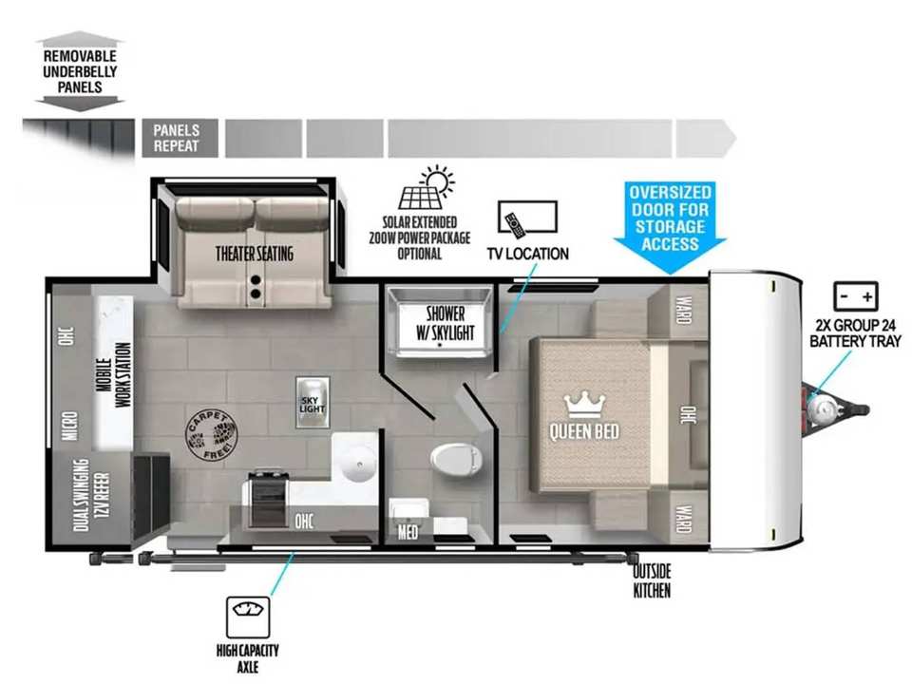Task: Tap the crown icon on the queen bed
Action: pos(584,405)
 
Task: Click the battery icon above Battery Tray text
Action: pos(856,296)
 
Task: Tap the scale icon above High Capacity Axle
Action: pos(248,617)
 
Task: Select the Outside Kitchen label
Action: pos(652,580)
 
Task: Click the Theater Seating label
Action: pos(255,254)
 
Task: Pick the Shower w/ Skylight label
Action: pos(445,323)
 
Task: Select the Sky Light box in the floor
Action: pos(313,403)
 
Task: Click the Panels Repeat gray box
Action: pos(180,139)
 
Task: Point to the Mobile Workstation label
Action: pos(115,374)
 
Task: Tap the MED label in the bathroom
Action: pos(408,532)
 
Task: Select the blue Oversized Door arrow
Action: pos(670,228)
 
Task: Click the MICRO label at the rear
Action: pos(69,426)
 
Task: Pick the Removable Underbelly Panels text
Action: pos(80,71)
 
